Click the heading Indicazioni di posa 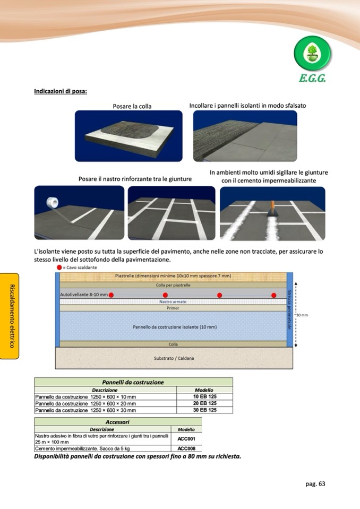61,91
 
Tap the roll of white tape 53,204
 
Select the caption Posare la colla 132,106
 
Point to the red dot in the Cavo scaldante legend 59,268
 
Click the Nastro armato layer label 172,301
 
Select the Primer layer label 173,308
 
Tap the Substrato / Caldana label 174,358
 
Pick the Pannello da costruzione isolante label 174,327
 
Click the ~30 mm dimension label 301,315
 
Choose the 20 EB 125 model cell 204,403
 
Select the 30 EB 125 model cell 204,410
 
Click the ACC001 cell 186,439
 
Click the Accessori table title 118,422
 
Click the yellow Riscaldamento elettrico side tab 12,316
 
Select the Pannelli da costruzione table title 133,382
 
